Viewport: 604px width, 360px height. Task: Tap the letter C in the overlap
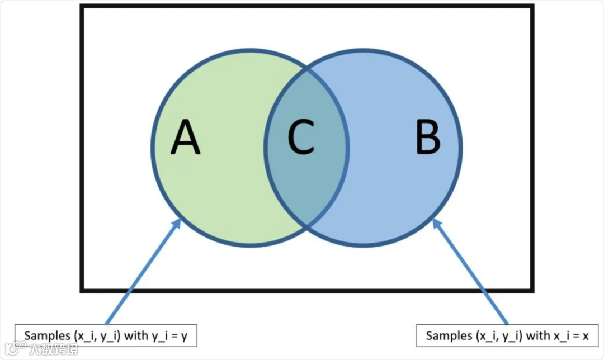(301, 138)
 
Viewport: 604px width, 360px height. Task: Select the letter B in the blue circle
(428, 139)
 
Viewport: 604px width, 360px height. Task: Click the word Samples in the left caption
(47, 335)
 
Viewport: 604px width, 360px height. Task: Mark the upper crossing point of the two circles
(307, 70)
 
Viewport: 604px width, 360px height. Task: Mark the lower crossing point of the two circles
(307, 226)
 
